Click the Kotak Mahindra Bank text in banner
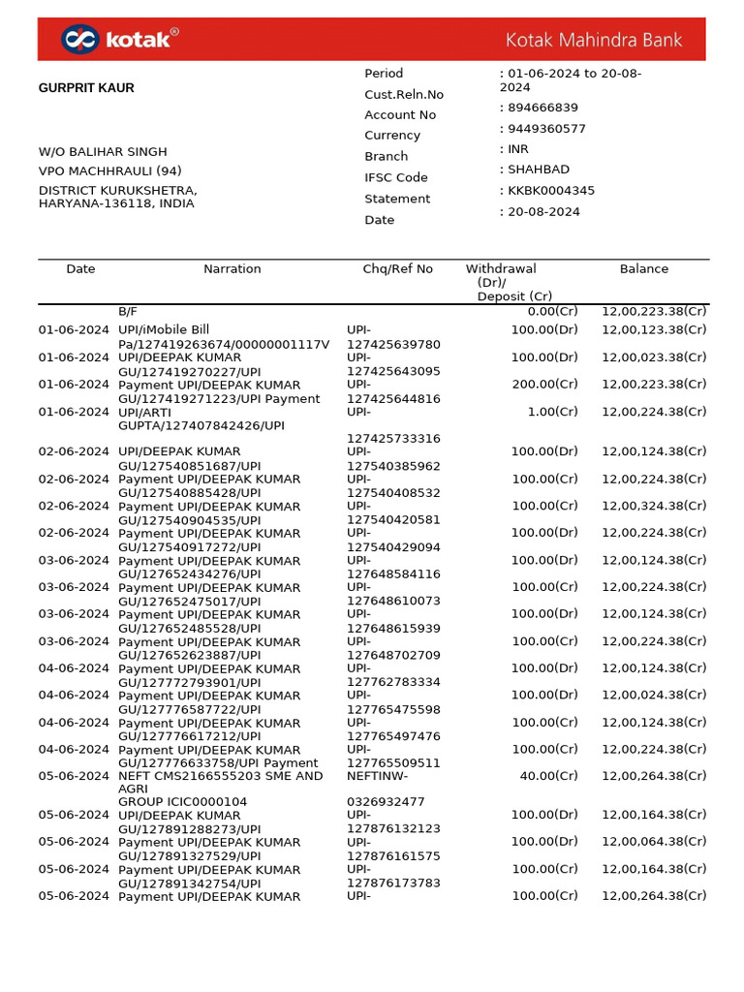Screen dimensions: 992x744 tap(594, 40)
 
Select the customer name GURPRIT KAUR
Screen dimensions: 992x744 tap(86, 88)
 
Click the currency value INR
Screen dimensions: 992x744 tap(518, 149)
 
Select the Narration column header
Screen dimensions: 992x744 tap(232, 269)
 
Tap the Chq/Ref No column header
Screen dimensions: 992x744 tap(397, 269)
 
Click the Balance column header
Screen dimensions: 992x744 tap(643, 269)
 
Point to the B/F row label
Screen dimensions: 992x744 tap(128, 311)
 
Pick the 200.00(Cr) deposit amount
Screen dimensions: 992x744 tap(544, 385)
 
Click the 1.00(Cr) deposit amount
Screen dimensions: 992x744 tap(551, 412)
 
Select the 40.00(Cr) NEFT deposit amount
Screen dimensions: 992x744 tap(547, 776)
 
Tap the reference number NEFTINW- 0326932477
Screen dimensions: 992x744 tap(385, 789)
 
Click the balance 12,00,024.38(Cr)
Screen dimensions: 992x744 tap(654, 695)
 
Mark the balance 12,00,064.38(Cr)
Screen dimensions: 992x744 tap(654, 842)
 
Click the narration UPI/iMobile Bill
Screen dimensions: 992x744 tap(164, 330)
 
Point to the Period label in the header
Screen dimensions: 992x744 tap(384, 74)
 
